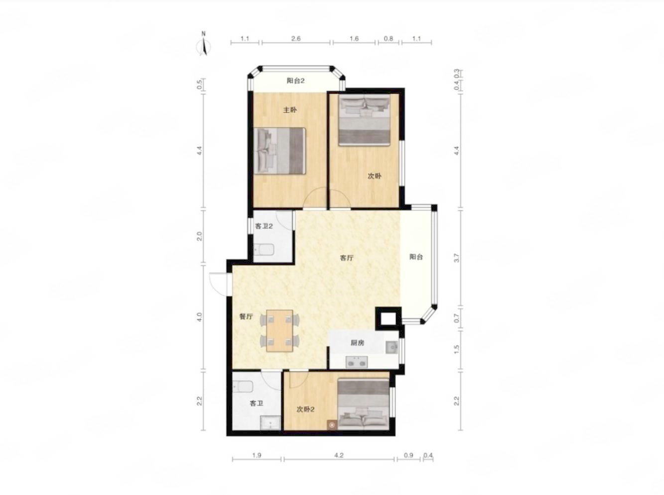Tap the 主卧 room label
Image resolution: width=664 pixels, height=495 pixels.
point(289,110)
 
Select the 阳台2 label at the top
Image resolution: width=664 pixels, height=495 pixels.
point(295,81)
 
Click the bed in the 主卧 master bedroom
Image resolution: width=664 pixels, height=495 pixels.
point(279,151)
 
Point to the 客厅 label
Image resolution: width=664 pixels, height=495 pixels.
point(347,258)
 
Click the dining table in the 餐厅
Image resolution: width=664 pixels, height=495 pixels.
point(279,331)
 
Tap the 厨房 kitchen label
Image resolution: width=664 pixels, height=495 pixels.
point(357,343)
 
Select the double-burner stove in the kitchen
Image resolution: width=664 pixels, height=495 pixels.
point(357,362)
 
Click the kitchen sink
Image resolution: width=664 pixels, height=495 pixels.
point(392,347)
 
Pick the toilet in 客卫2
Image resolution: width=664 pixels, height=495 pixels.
point(264,249)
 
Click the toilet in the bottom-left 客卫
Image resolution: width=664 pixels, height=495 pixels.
point(243,387)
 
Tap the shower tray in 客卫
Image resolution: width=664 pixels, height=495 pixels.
point(270,423)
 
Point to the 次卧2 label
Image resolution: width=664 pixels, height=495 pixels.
point(305,409)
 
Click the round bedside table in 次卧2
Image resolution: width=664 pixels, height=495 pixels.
point(332,425)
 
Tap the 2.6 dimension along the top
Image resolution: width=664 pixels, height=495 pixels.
point(296,39)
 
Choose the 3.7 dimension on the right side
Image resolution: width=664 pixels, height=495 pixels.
point(457,258)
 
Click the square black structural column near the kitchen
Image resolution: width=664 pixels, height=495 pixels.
point(388,318)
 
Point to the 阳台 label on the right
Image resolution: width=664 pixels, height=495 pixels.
point(416,257)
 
